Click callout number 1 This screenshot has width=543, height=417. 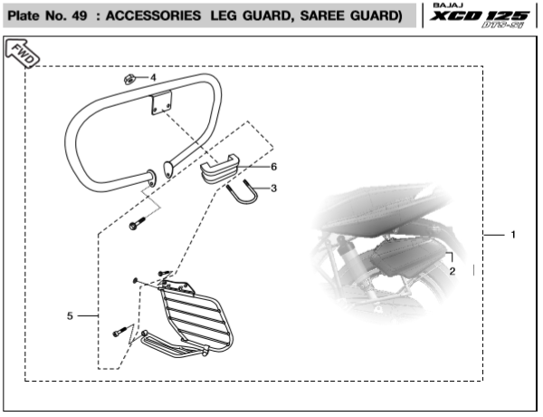[x=512, y=236]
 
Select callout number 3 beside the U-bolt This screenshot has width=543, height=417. [x=274, y=189]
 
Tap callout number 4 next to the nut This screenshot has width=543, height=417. [x=153, y=77]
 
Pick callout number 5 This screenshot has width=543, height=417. [x=70, y=315]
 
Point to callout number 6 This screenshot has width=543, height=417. [x=274, y=167]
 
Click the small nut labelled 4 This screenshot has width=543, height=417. [x=130, y=78]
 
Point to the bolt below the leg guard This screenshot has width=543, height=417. [x=137, y=223]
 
